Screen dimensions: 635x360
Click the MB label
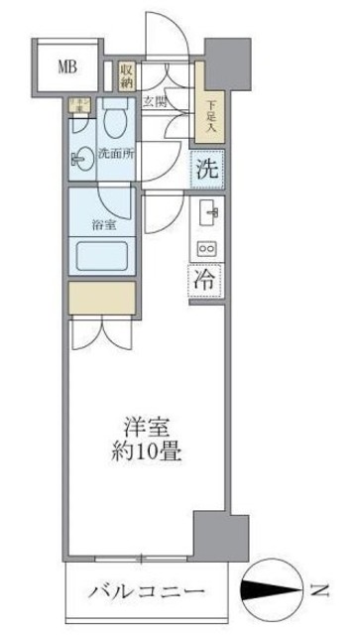(66, 67)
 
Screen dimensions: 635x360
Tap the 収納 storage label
(127, 74)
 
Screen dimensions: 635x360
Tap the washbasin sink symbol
(80, 155)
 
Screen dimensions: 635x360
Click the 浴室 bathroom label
(102, 224)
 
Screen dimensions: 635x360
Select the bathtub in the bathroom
(101, 257)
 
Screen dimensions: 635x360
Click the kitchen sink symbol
(209, 210)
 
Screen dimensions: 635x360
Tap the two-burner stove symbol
(208, 248)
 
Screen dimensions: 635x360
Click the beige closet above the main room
(101, 297)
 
